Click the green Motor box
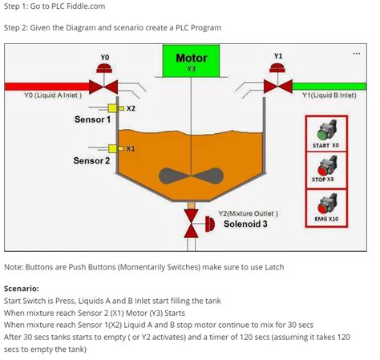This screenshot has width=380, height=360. (191, 61)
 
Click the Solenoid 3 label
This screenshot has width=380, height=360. (245, 224)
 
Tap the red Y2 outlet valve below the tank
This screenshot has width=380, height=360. (191, 225)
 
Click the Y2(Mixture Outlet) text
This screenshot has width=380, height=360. (248, 213)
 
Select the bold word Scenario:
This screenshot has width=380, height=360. (22, 288)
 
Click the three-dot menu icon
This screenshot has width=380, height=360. (356, 54)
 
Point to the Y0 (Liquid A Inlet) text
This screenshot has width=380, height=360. (53, 95)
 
